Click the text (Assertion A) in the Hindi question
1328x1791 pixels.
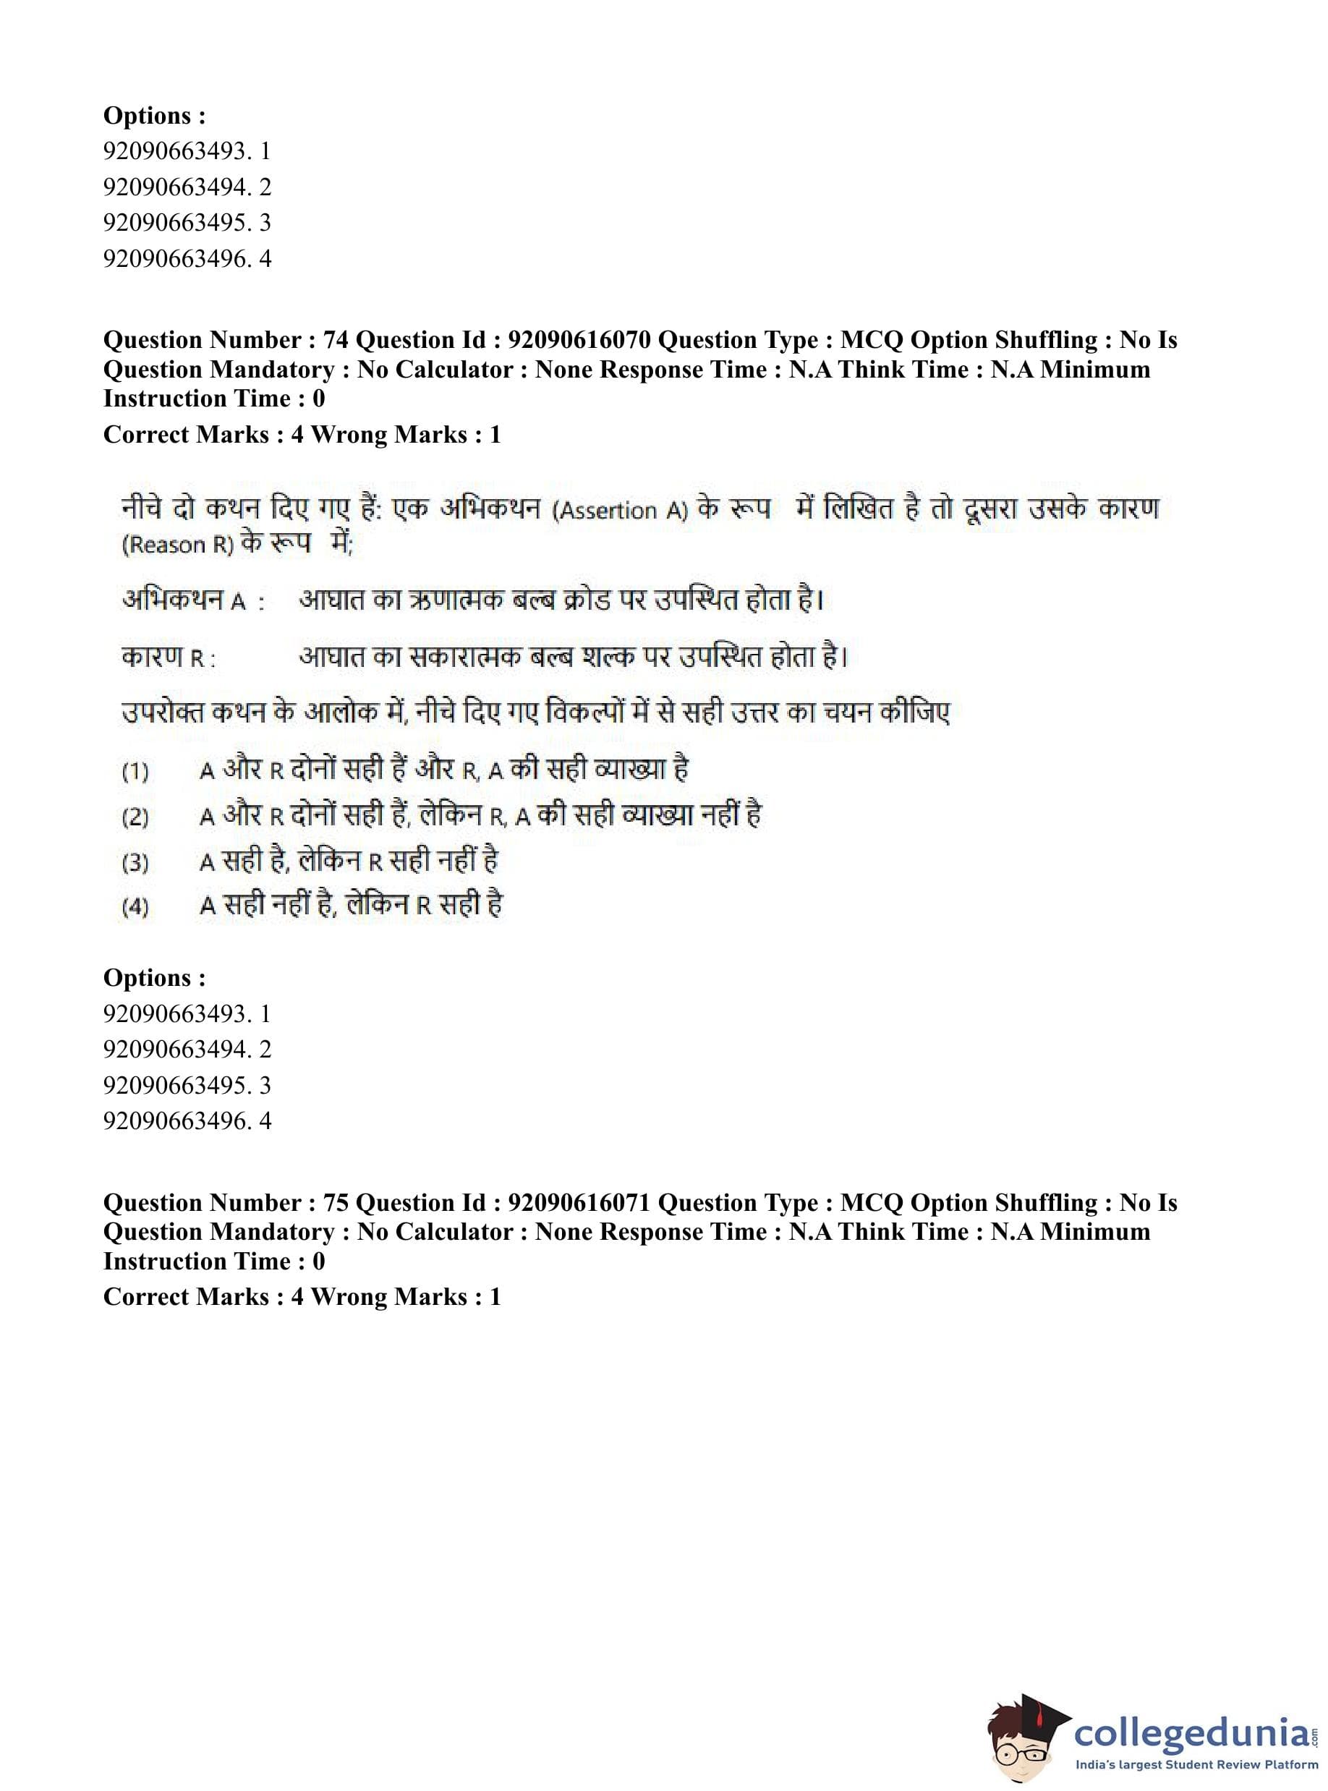click(619, 511)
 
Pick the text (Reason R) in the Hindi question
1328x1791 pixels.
click(178, 545)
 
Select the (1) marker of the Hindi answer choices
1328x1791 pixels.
click(135, 772)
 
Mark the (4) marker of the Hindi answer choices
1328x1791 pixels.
click(135, 907)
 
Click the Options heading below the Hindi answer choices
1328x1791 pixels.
click(154, 977)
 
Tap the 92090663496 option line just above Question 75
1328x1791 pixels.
click(187, 1120)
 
